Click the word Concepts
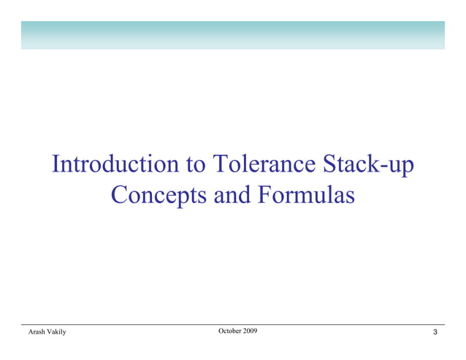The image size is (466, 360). pyautogui.click(x=158, y=196)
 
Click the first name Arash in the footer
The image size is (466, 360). pyautogui.click(x=36, y=333)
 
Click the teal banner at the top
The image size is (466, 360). pyautogui.click(x=232, y=35)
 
